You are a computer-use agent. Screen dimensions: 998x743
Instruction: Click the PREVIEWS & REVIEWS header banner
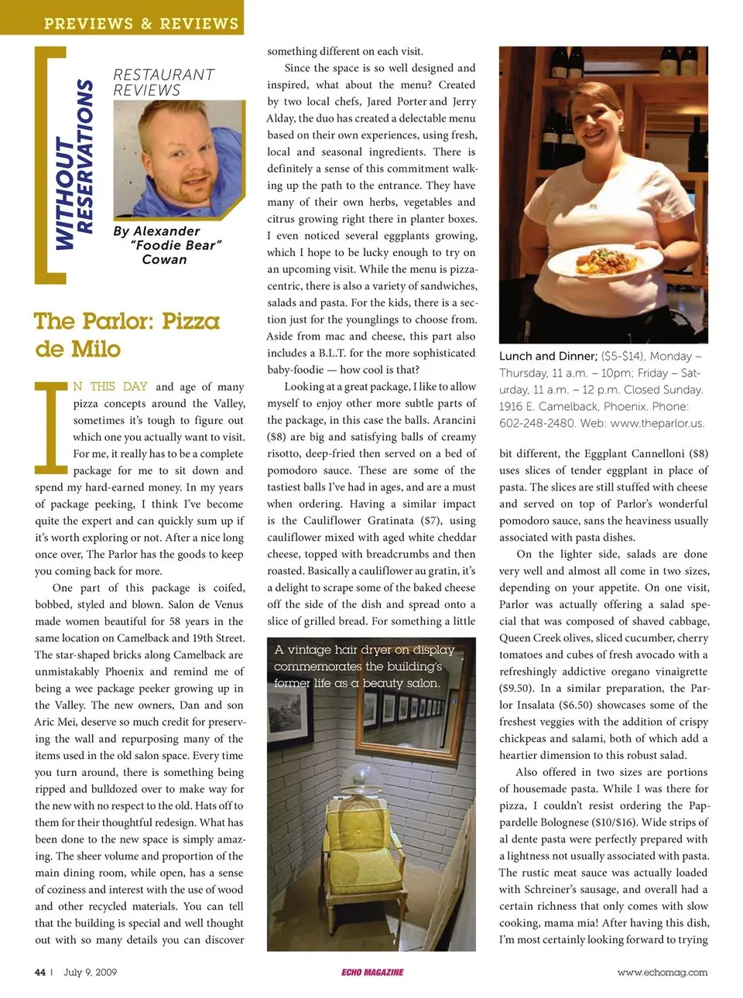pyautogui.click(x=141, y=23)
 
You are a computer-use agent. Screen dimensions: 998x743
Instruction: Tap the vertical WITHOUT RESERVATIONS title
pyautogui.click(x=75, y=165)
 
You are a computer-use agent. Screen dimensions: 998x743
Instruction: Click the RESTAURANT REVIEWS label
pyautogui.click(x=163, y=82)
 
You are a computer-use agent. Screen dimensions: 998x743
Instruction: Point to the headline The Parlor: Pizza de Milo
pyautogui.click(x=126, y=334)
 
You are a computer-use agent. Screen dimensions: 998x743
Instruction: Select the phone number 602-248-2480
pyautogui.click(x=536, y=423)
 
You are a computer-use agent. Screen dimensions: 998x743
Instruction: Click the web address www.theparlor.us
pyautogui.click(x=656, y=423)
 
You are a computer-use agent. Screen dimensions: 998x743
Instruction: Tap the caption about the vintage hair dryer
pyautogui.click(x=364, y=666)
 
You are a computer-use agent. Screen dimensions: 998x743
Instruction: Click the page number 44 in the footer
pyautogui.click(x=40, y=972)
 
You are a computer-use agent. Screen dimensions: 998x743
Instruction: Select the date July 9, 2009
pyautogui.click(x=90, y=972)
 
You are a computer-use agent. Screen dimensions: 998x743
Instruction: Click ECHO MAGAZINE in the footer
pyautogui.click(x=372, y=972)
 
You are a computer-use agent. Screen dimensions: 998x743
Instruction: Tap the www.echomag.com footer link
pyautogui.click(x=662, y=972)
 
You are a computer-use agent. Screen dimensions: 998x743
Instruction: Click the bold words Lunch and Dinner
pyautogui.click(x=547, y=356)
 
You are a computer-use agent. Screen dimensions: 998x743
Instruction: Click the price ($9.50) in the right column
pyautogui.click(x=518, y=688)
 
